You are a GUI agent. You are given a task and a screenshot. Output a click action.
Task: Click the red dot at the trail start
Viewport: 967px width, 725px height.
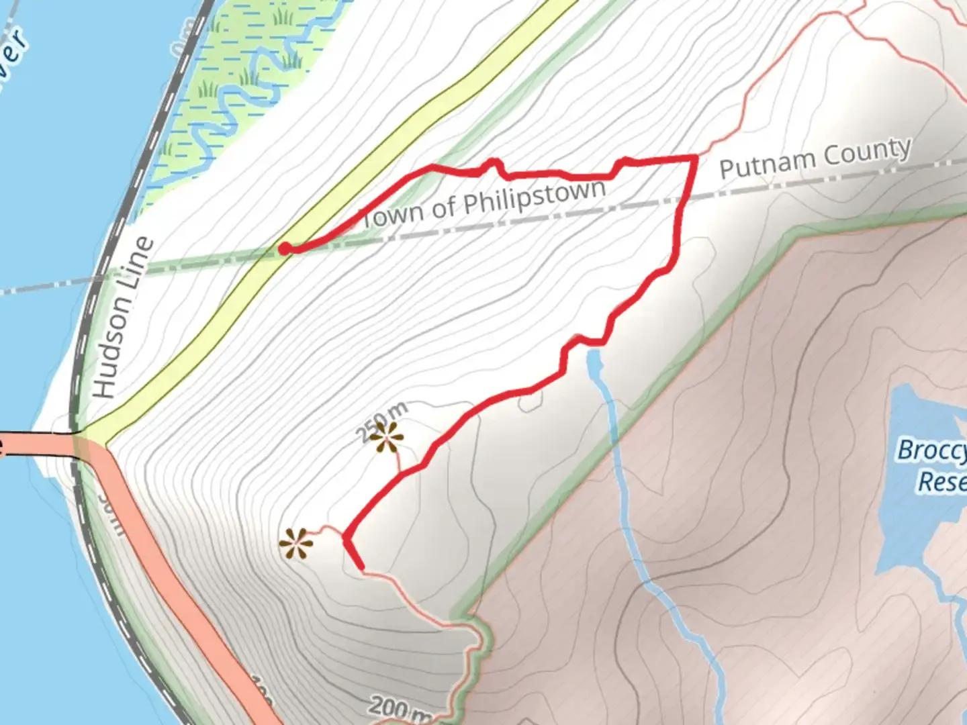(285, 249)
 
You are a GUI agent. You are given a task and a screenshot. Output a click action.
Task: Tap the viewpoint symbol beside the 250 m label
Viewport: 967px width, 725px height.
(387, 437)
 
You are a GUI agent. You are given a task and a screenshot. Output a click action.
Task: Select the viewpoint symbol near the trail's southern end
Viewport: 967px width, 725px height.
(296, 543)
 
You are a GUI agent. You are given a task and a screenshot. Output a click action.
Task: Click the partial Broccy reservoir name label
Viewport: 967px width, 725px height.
(932, 450)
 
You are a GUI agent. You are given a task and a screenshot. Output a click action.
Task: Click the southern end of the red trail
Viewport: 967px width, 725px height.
(361, 567)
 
